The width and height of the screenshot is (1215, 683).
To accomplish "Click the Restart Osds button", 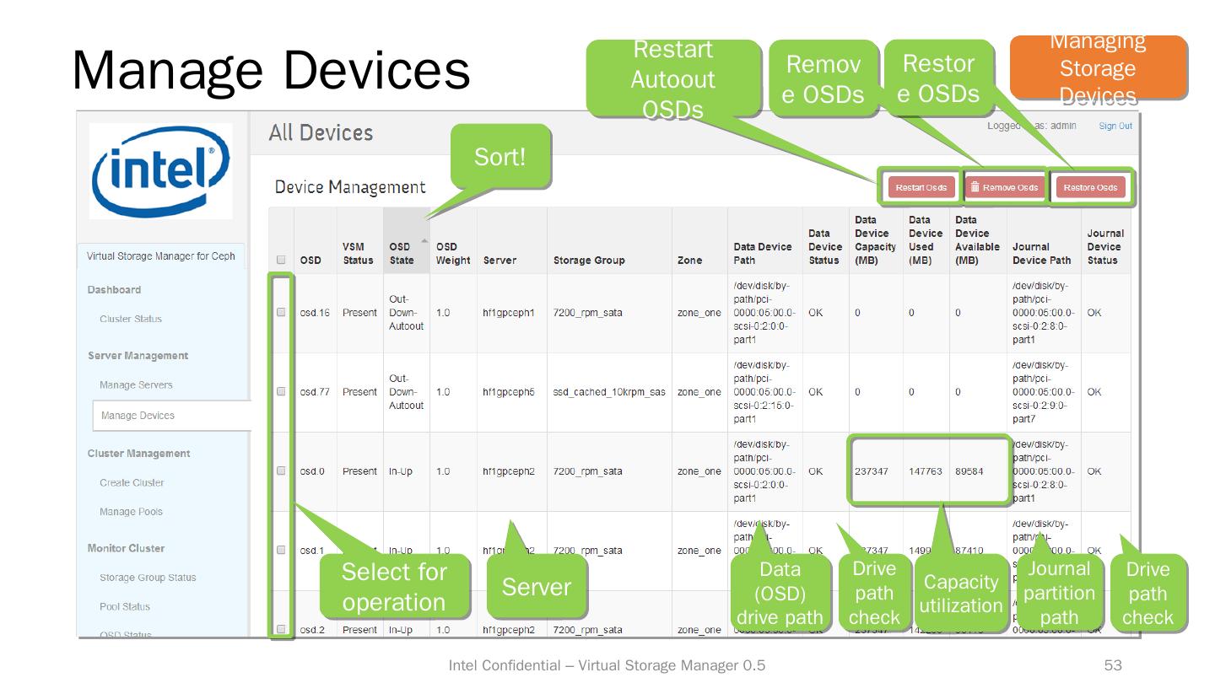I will point(921,187).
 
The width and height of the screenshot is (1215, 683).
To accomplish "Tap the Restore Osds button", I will point(1090,187).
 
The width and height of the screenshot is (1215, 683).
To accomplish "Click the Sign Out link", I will point(1115,126).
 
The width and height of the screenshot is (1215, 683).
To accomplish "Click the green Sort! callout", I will point(499,157).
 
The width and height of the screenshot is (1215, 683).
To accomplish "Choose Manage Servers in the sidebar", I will point(136,385).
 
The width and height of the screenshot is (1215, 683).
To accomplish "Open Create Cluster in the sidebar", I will point(132,483).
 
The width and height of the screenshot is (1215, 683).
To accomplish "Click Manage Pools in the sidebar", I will point(131,512).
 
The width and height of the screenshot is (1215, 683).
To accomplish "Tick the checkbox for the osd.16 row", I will point(281,312).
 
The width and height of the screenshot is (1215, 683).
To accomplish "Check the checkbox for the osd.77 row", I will point(281,391).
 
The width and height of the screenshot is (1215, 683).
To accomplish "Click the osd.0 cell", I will point(312,471).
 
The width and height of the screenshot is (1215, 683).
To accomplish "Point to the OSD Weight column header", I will point(453,253).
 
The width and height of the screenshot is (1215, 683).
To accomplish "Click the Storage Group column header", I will point(589,261).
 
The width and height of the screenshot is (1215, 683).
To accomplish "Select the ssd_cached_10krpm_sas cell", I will point(609,392).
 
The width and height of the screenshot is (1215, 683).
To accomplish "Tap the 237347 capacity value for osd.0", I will point(872,471).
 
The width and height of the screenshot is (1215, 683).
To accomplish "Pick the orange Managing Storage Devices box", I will point(1098,68).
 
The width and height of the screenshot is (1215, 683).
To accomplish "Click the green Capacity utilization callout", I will point(960,594).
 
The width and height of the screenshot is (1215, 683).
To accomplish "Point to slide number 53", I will point(1113,666).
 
